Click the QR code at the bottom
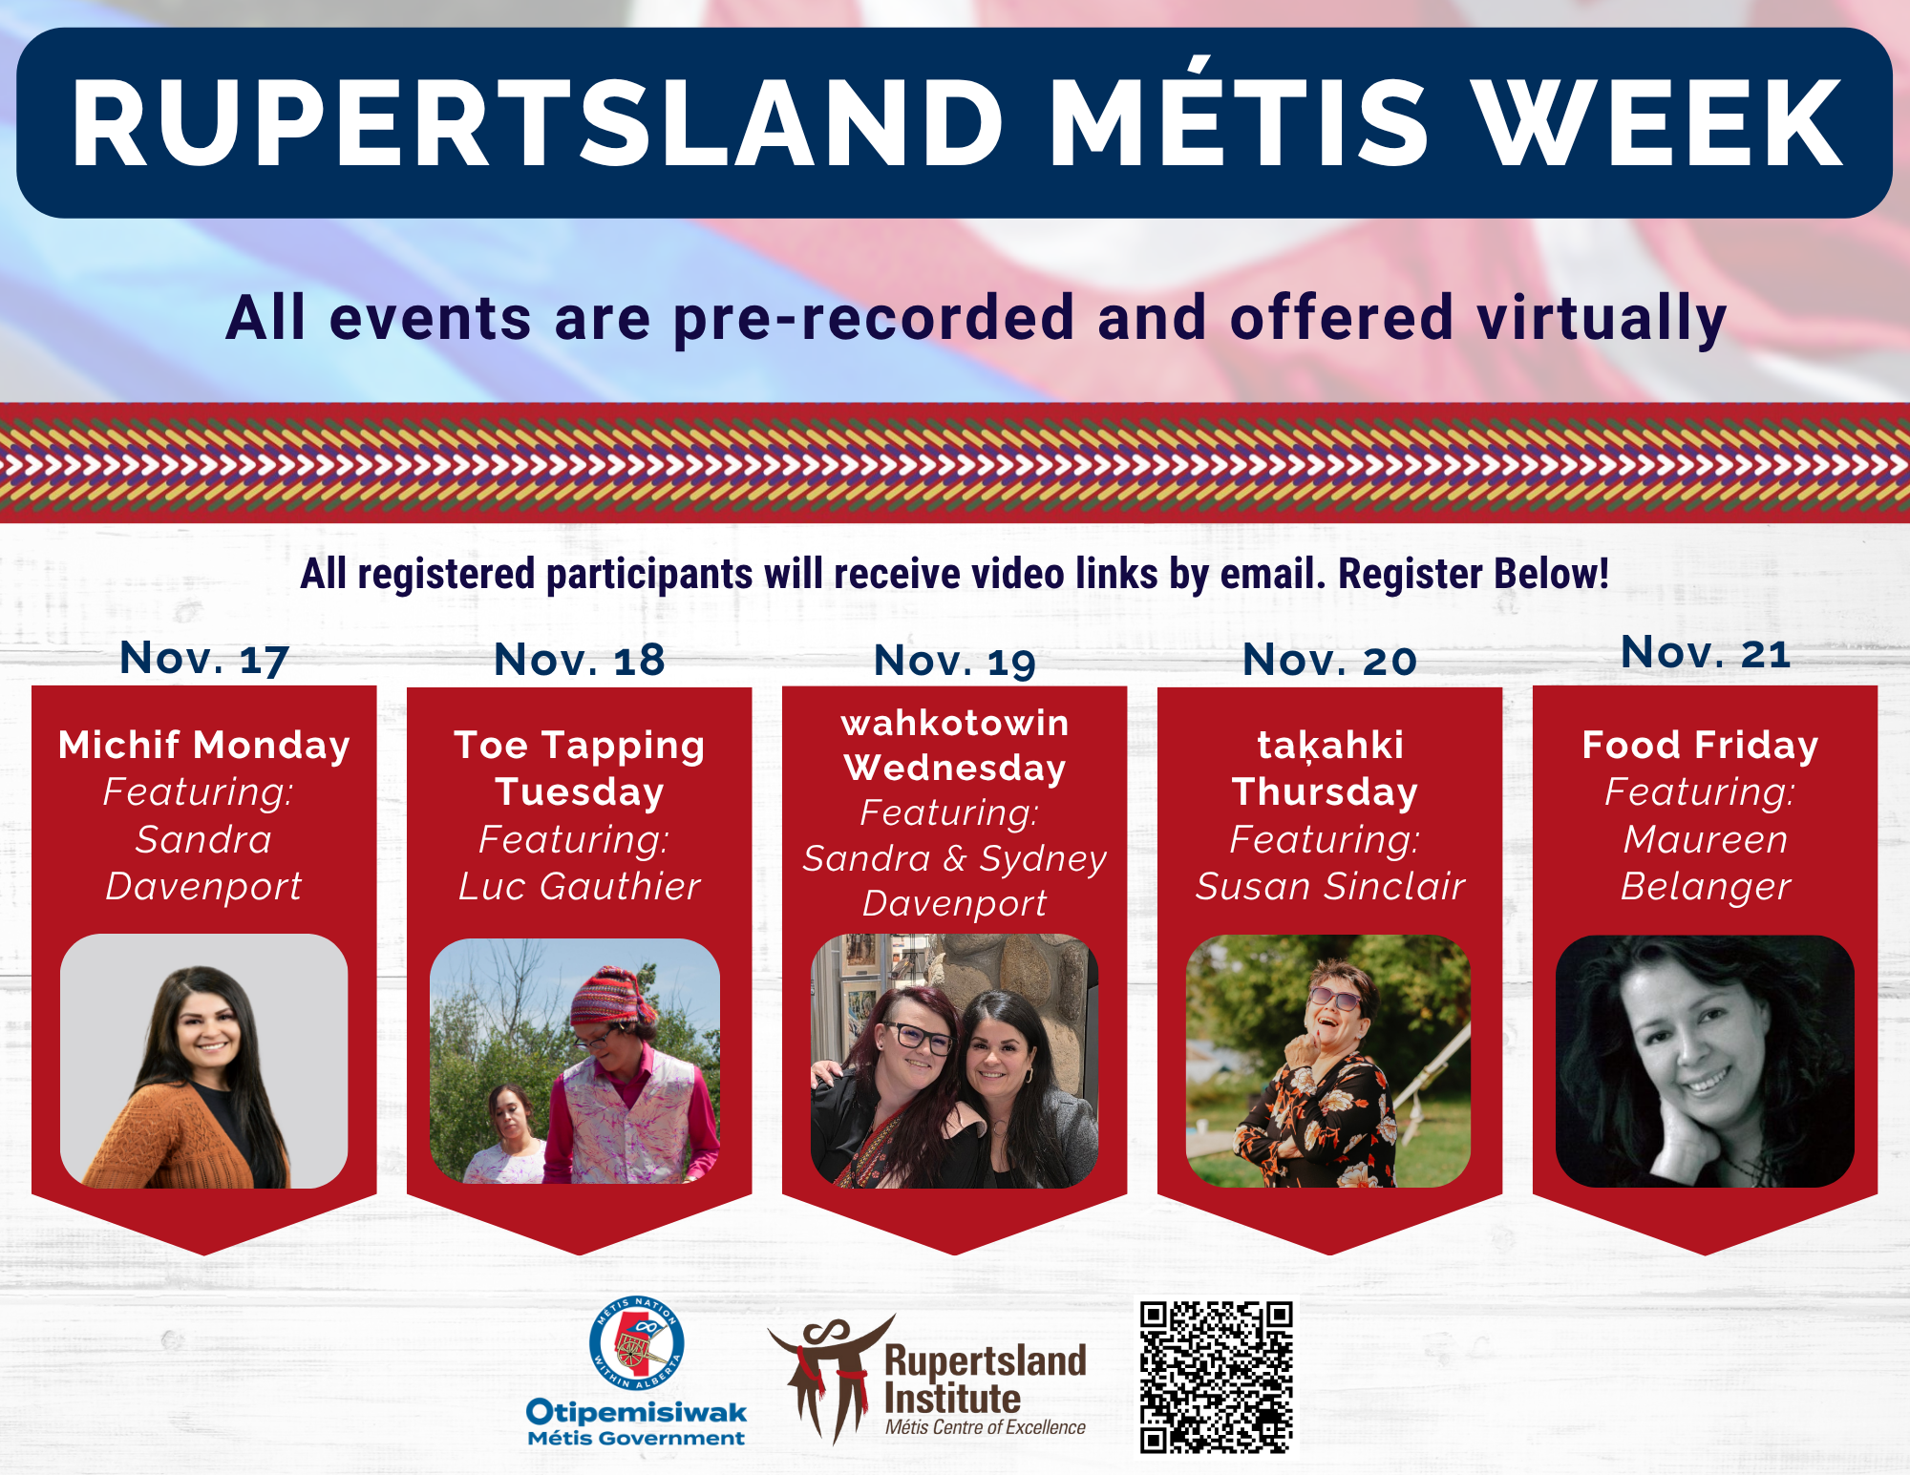1216,1377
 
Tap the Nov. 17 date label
204,659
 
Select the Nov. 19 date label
955,661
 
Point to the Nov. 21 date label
1706,653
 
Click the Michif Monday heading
204,745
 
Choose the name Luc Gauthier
580,886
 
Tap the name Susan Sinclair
1330,886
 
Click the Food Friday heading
1700,745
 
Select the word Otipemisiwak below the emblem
636,1412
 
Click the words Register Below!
1474,574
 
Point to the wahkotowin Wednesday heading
955,745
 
